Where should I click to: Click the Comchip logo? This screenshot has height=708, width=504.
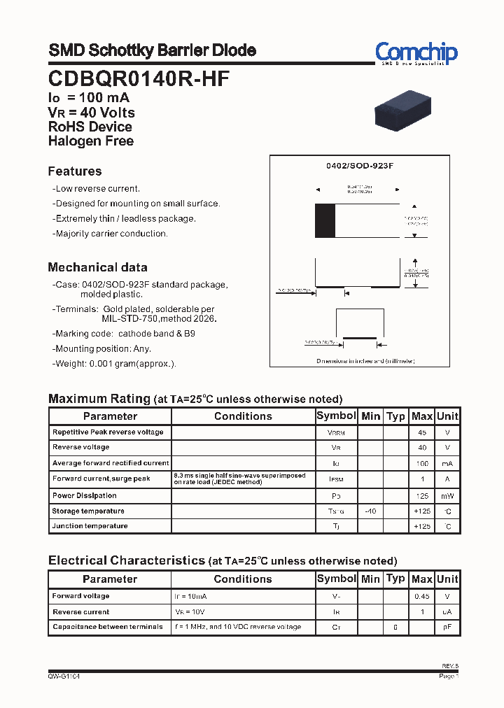pyautogui.click(x=416, y=53)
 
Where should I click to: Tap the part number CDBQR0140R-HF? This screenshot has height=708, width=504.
pyautogui.click(x=139, y=78)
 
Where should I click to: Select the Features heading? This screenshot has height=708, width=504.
pyautogui.click(x=75, y=171)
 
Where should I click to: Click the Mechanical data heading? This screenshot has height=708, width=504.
pyautogui.click(x=97, y=267)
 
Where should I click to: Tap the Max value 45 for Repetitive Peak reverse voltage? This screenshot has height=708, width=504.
pyautogui.click(x=422, y=432)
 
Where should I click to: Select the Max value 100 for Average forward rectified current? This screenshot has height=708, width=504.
pyautogui.click(x=422, y=463)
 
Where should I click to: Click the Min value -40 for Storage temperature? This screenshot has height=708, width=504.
pyautogui.click(x=370, y=511)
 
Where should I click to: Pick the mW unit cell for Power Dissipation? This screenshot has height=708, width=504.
pyautogui.click(x=447, y=496)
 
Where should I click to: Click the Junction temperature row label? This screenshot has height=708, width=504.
pyautogui.click(x=90, y=526)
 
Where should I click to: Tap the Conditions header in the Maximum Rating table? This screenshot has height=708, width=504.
pyautogui.click(x=243, y=416)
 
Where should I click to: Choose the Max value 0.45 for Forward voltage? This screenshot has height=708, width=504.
pyautogui.click(x=422, y=597)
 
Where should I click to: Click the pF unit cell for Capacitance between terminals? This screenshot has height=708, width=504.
pyautogui.click(x=447, y=628)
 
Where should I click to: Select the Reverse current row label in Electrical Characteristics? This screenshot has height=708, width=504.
pyautogui.click(x=81, y=612)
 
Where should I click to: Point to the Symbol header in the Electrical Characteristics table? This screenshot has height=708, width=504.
pyautogui.click(x=337, y=579)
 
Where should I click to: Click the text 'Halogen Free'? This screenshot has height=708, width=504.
pyautogui.click(x=91, y=141)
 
